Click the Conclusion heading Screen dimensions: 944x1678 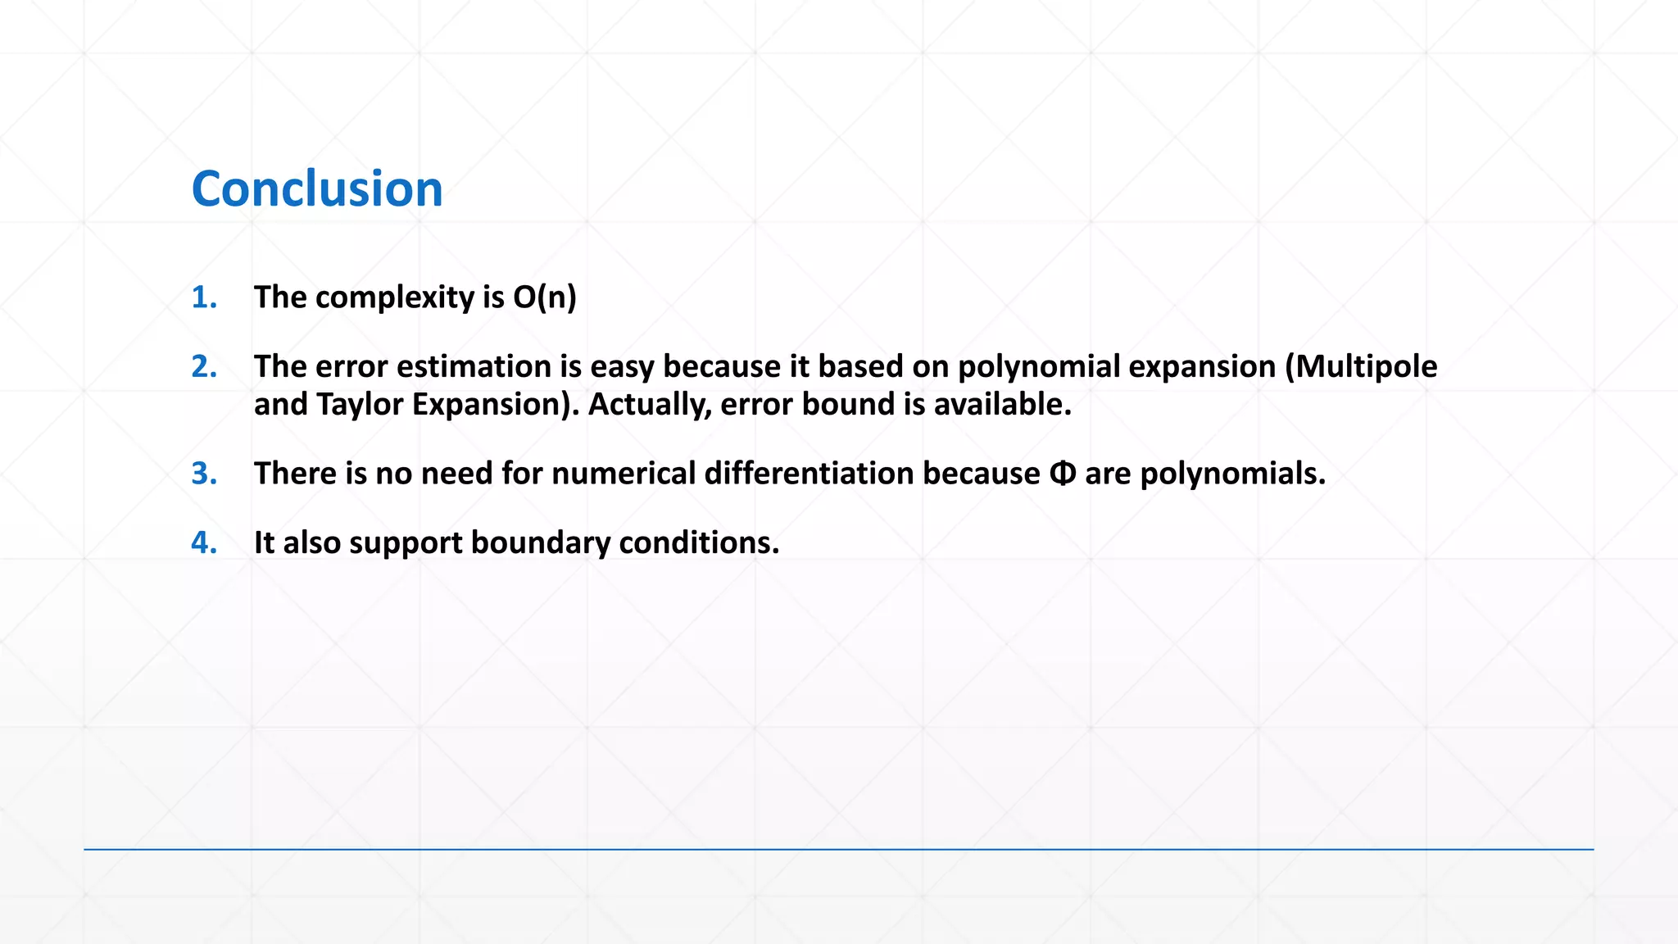click(317, 188)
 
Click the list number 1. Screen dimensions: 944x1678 click(204, 297)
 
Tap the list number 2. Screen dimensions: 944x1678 click(204, 366)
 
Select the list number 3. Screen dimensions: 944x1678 click(204, 474)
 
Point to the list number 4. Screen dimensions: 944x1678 click(204, 542)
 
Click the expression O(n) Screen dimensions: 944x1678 click(545, 297)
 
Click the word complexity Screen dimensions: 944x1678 click(394, 297)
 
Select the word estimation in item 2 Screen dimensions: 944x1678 click(474, 366)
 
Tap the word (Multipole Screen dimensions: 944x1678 click(1361, 366)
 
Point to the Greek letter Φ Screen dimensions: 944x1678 click(1062, 474)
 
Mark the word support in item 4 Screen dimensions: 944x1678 click(406, 542)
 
